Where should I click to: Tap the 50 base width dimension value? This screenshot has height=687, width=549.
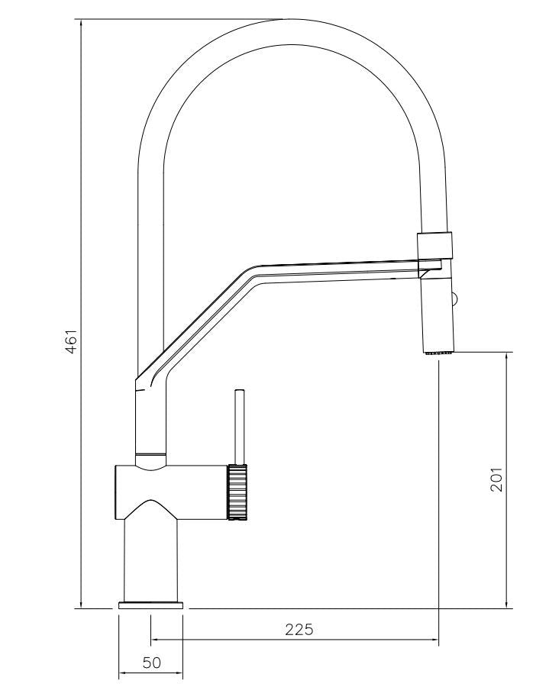152,663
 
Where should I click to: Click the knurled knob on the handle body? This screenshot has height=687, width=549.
238,492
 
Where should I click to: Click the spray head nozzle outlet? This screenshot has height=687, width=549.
438,353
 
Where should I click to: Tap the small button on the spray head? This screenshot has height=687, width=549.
456,299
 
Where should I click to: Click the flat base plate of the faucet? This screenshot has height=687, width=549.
151,605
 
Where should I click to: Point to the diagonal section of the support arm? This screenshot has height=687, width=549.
199,321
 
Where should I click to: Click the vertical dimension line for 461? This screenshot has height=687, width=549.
81,229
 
